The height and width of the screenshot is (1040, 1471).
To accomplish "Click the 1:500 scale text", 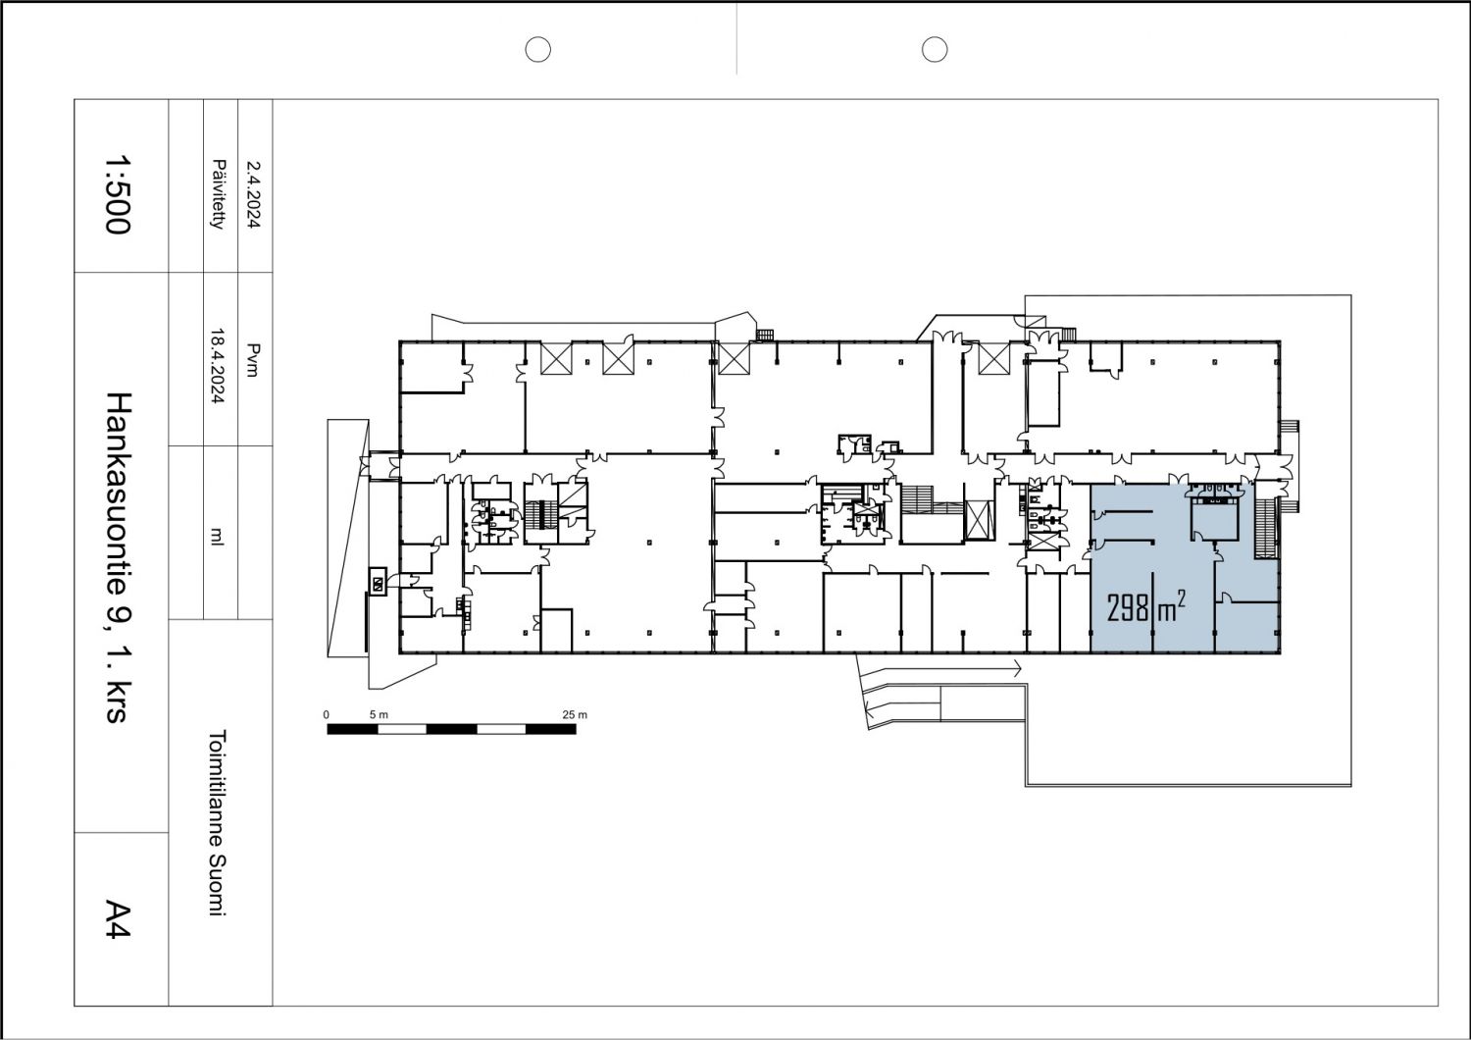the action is tap(119, 194).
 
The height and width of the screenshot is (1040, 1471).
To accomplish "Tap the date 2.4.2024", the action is tap(254, 194).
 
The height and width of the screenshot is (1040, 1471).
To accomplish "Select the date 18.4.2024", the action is tap(219, 366).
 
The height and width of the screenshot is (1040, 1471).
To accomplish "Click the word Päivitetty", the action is tap(219, 194).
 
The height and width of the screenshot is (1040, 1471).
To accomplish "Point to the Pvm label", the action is tap(254, 360).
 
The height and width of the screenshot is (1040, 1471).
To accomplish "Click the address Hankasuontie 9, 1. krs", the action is tap(120, 557).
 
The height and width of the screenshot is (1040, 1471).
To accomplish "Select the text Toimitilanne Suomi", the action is tap(218, 822).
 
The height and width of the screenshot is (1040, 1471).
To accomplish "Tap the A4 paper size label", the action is tap(119, 920).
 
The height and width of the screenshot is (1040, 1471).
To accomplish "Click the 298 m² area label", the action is tap(1146, 606).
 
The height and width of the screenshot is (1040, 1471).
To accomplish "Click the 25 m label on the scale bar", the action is tap(575, 715).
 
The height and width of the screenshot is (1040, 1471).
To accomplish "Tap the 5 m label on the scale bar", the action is tap(379, 715).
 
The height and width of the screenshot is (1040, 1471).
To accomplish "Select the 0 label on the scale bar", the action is tap(327, 715).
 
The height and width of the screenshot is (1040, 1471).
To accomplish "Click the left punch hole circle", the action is tap(537, 49).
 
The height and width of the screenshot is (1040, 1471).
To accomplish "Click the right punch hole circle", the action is tap(935, 49).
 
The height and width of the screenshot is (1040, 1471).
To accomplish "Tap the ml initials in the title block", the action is tap(218, 536).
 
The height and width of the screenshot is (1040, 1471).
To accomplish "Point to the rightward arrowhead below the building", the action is tap(1018, 669).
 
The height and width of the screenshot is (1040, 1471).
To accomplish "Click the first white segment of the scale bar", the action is tap(402, 729).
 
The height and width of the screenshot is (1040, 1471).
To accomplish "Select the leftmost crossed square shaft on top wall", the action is tap(556, 359).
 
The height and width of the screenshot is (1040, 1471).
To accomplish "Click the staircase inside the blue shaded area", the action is tap(1264, 529).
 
